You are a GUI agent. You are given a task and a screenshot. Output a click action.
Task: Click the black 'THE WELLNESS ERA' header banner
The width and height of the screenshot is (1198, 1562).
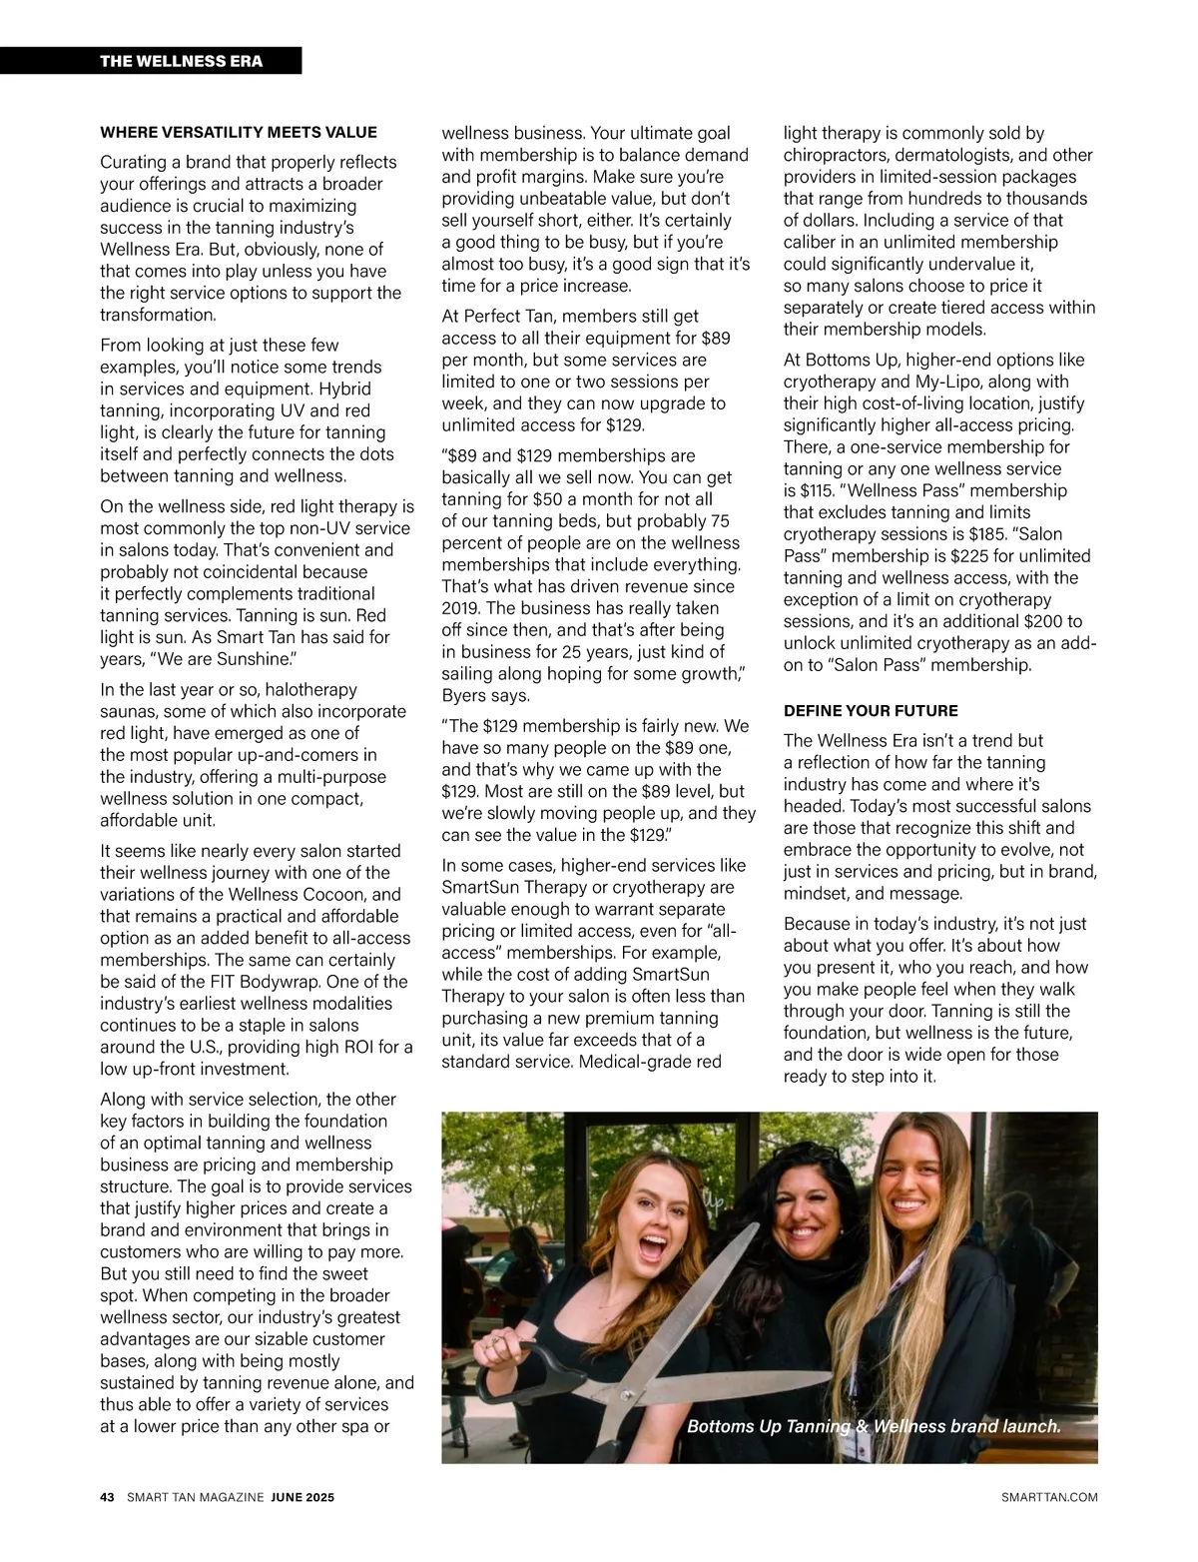(x=151, y=61)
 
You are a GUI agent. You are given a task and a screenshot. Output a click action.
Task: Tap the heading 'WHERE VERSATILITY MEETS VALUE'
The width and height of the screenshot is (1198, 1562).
(x=239, y=132)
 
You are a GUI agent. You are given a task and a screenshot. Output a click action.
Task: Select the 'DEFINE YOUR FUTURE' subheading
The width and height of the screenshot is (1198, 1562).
(x=871, y=710)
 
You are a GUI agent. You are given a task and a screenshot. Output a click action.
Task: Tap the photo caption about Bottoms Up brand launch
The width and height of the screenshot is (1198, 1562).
(x=874, y=1425)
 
